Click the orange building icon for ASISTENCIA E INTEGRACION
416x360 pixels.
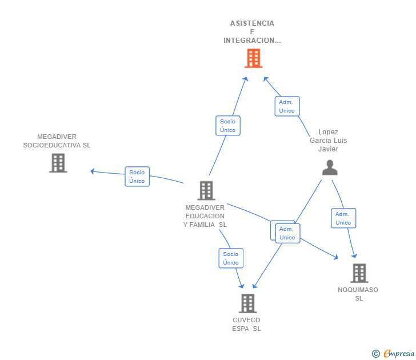(x=253, y=58)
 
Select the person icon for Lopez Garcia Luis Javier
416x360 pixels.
(x=330, y=167)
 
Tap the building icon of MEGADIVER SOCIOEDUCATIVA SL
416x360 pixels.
(x=58, y=163)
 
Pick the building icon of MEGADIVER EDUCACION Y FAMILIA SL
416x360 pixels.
(x=206, y=190)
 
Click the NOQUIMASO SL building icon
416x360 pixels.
(x=359, y=273)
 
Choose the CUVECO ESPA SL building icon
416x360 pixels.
(x=247, y=303)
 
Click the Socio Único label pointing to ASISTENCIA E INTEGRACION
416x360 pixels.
(x=227, y=126)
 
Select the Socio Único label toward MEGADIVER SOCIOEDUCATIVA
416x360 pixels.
(x=137, y=177)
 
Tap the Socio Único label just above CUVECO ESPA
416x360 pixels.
(x=231, y=258)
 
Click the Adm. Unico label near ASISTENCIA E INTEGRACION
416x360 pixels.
(x=287, y=106)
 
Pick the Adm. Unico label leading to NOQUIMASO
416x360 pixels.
(x=343, y=218)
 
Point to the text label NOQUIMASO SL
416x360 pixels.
(x=358, y=294)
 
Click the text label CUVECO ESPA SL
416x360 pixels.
(x=246, y=324)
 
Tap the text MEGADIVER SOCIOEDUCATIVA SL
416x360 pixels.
(x=57, y=141)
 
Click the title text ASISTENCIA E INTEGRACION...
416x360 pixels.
(x=252, y=32)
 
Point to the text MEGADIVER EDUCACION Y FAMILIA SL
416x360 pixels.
(x=205, y=216)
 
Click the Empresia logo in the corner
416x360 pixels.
(x=399, y=353)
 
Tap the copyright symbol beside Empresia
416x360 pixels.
(x=375, y=354)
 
